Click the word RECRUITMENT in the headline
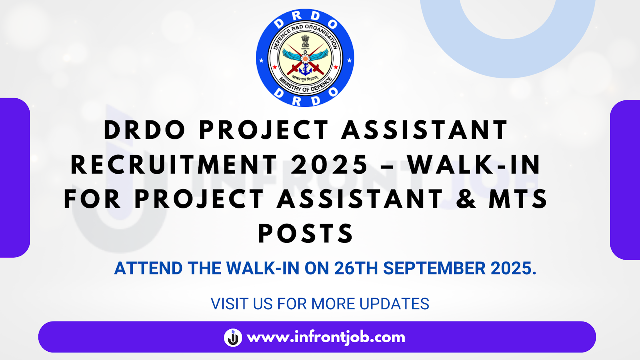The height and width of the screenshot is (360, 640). (174, 164)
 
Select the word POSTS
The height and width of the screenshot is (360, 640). (306, 234)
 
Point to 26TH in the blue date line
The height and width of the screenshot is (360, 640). (356, 268)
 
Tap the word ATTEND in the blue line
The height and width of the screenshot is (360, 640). (148, 268)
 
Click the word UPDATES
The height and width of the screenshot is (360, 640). (394, 304)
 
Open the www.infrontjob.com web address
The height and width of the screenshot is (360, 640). (326, 337)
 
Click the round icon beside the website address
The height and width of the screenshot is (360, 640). (233, 338)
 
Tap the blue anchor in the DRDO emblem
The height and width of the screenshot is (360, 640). (305, 69)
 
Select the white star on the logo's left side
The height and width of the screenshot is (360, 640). (261, 60)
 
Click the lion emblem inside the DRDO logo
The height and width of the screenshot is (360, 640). (305, 42)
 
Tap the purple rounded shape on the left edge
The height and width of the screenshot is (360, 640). (15, 178)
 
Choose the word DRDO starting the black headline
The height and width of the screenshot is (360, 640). (145, 130)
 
